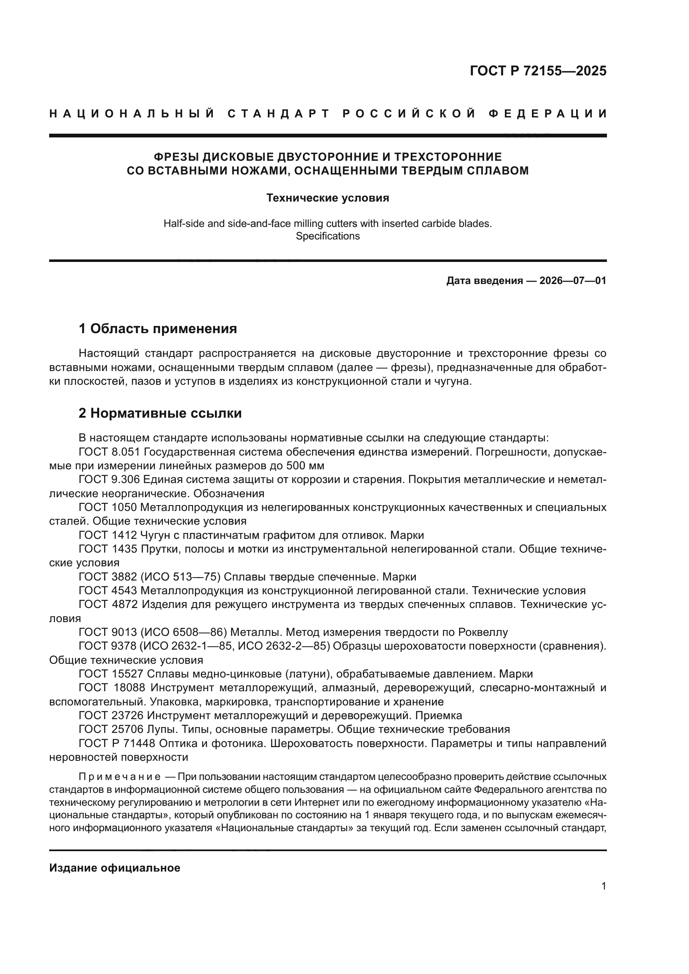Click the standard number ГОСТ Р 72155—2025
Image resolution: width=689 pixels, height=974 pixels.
537,71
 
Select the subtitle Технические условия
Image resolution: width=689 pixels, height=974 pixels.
327,198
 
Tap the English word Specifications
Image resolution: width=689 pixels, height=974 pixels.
327,236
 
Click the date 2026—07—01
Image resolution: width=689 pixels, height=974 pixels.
573,280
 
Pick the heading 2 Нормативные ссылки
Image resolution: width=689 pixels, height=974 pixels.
160,413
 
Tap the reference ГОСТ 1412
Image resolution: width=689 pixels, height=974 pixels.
108,535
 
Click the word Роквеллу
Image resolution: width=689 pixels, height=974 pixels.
483,633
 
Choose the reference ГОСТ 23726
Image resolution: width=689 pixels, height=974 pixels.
111,716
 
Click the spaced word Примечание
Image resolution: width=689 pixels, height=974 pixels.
120,777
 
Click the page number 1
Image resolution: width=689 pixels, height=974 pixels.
604,886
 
